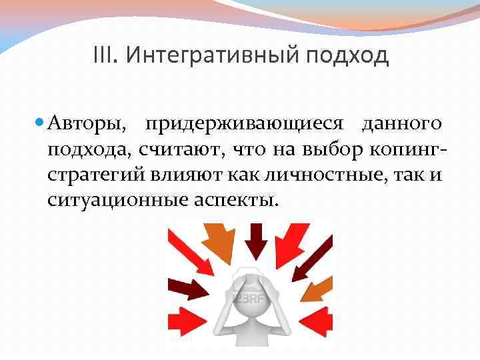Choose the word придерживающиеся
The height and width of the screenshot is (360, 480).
245,124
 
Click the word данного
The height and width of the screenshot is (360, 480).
401,124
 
